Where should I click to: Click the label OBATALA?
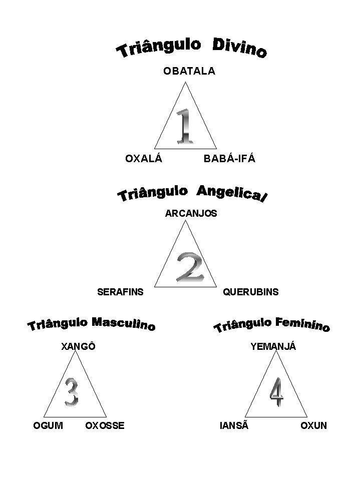(x=189, y=71)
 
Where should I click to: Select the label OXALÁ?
(x=144, y=159)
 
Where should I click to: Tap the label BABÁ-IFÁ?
(x=229, y=159)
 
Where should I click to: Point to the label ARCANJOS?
(x=191, y=213)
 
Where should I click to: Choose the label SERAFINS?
(x=120, y=292)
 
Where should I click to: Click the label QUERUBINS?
(x=250, y=292)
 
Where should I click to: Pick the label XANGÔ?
(x=78, y=346)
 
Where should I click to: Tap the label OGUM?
(x=48, y=426)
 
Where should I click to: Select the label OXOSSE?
(x=105, y=426)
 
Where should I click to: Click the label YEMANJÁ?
(x=273, y=346)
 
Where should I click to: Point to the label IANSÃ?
(x=234, y=426)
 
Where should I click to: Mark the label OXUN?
(x=313, y=426)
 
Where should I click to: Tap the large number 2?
(x=190, y=267)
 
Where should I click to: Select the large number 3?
(x=72, y=391)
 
